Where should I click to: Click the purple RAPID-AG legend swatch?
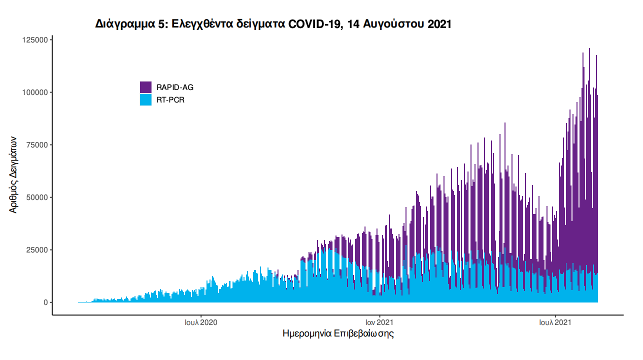point(145,87)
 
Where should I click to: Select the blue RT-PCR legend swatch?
point(145,100)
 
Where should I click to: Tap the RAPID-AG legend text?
point(174,87)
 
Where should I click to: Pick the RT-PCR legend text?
point(170,100)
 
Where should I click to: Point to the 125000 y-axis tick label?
point(35,40)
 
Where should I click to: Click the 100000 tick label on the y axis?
point(35,92)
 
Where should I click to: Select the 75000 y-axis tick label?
point(37,145)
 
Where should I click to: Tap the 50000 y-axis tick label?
point(37,197)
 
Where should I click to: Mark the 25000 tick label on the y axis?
point(37,250)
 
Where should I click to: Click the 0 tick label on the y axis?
point(45,302)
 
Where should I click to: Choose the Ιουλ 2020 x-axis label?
point(200,323)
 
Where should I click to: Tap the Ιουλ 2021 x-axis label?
point(555,323)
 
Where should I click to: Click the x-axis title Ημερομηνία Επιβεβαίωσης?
point(338,333)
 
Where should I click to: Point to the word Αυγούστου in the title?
point(394,24)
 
